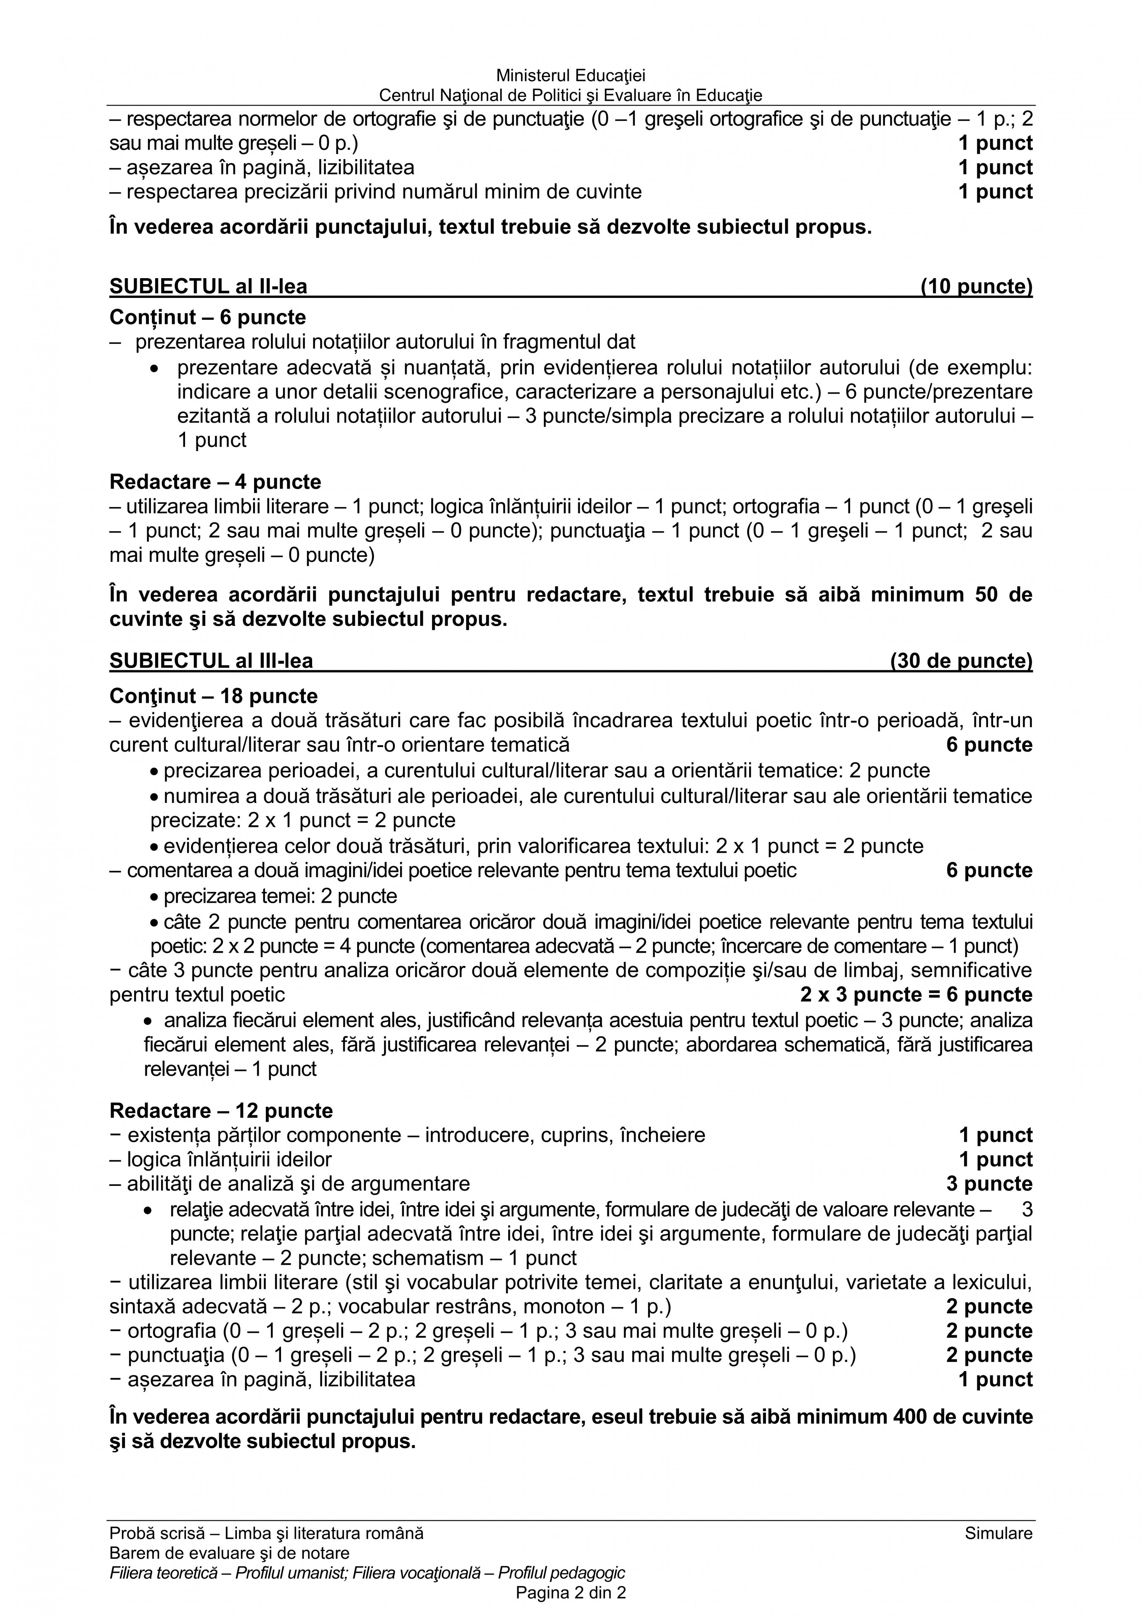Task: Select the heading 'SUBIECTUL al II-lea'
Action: point(208,287)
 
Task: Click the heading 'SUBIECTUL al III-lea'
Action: point(211,661)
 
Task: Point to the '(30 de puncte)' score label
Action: point(961,661)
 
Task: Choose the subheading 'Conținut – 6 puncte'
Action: point(207,317)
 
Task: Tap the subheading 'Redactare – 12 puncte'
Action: point(221,1111)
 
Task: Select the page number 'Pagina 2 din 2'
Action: point(571,1593)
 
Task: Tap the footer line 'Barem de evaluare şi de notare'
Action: point(229,1552)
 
